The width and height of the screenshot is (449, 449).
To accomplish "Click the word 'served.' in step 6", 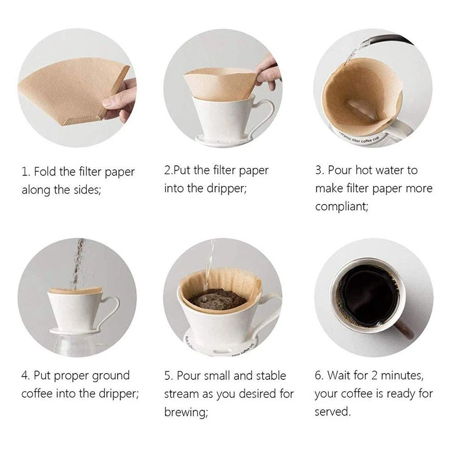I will point(332,411).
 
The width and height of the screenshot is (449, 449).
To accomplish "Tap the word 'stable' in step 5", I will point(267,375).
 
